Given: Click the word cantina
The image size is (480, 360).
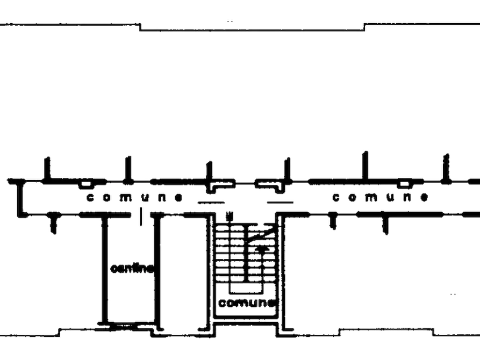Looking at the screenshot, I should click(x=132, y=268).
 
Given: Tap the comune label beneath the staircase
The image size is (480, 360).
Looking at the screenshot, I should click(x=247, y=304).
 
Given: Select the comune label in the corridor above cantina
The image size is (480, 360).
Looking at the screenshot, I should click(x=135, y=197).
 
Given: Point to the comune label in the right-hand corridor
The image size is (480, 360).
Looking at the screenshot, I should click(x=381, y=197).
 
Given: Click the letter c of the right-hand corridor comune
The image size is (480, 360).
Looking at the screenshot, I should click(x=336, y=198).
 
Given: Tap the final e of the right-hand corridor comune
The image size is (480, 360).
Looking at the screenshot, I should click(x=424, y=198).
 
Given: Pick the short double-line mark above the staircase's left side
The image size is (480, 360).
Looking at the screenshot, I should click(x=210, y=202).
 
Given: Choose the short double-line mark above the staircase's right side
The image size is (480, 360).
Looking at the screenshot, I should click(x=281, y=202).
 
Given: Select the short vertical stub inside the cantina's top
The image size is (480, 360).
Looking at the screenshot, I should click(x=141, y=219).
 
